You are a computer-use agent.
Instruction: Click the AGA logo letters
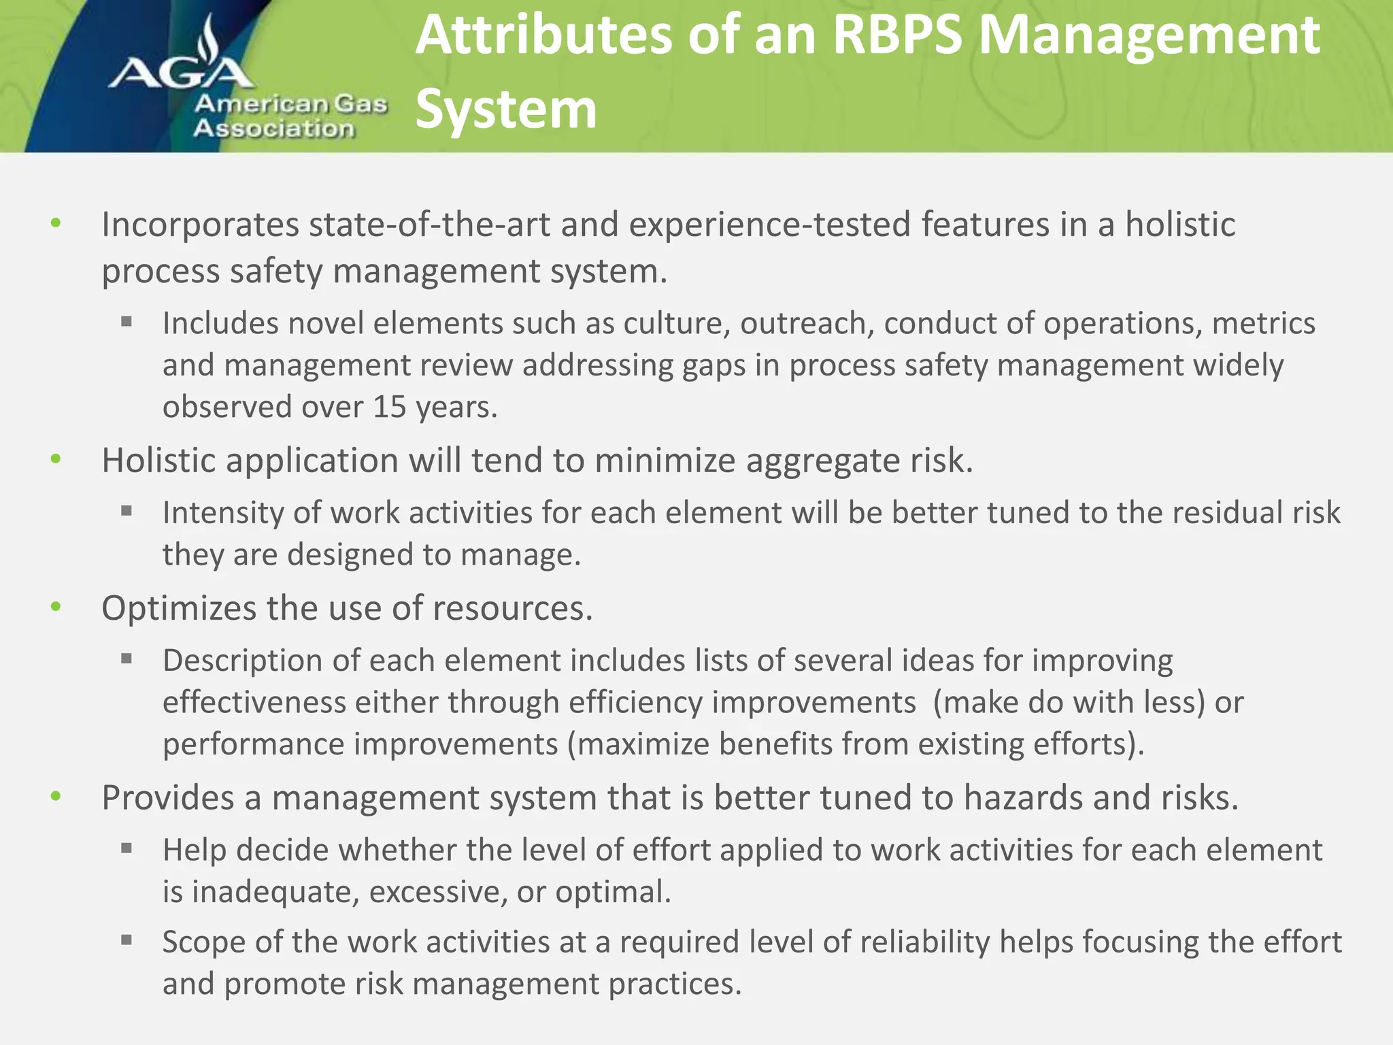181,73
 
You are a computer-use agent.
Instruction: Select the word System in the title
506,109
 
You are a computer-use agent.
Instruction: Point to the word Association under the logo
273,129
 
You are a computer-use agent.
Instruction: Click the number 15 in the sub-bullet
389,407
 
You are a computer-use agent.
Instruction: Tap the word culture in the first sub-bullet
677,323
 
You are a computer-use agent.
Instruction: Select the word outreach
807,323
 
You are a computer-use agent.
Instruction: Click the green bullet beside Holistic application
56,460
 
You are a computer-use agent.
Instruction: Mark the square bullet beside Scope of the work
127,940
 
